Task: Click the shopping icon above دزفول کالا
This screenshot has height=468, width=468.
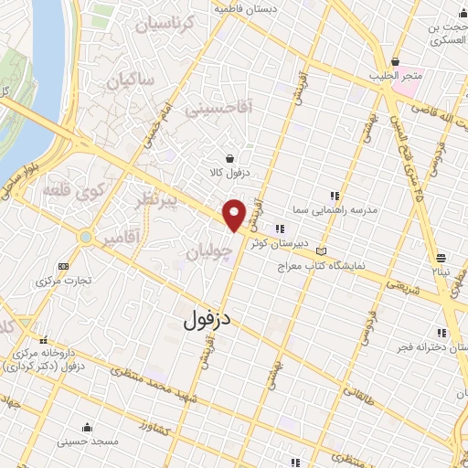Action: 229,156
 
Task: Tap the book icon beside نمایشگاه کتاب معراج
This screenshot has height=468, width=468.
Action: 320,250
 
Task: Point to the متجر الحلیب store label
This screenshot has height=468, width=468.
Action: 394,77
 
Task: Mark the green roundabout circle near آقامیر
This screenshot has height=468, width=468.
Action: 85,237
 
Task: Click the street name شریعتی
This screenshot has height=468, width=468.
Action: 400,283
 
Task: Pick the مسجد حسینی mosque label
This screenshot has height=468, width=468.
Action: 88,441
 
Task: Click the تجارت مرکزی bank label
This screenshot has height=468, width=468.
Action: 64,281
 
